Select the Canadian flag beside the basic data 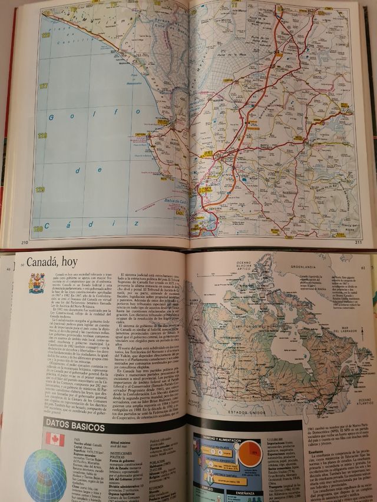click(x=55, y=439)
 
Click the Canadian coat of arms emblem click(x=37, y=282)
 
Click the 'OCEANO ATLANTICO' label click(x=359, y=402)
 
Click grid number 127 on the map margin click(x=41, y=85)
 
